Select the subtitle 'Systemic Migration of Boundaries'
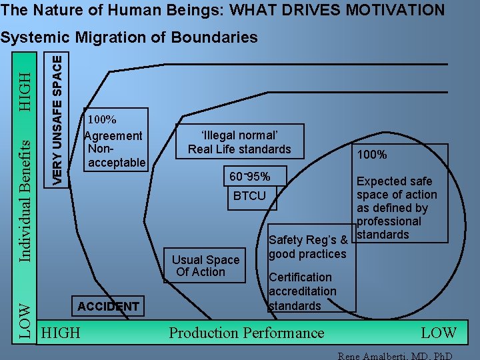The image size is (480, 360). (129, 37)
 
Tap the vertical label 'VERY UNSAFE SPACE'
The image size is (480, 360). (59, 119)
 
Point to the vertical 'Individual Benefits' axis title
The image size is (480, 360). (24, 200)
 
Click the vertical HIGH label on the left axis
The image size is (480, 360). (25, 85)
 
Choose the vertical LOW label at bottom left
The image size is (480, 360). (24, 322)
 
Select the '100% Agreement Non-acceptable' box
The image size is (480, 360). (114, 141)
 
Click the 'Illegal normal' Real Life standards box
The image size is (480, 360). (239, 141)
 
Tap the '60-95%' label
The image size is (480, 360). (249, 177)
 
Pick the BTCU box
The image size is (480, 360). (249, 195)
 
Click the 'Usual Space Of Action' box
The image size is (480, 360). (205, 266)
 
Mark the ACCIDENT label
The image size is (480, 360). (109, 307)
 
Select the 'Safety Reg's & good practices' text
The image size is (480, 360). (307, 247)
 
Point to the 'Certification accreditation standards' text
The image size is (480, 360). (302, 291)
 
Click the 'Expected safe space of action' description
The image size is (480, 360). (397, 207)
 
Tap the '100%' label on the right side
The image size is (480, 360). (372, 155)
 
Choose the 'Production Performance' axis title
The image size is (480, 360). (247, 333)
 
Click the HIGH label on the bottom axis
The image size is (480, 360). (61, 333)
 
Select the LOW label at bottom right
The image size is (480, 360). (439, 333)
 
